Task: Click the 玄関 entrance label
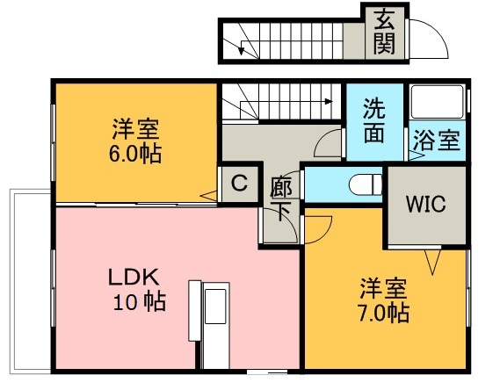point(384,32)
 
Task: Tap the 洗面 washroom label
point(374,121)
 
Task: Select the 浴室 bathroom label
point(436,139)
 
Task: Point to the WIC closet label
point(426,205)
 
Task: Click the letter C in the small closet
point(239,184)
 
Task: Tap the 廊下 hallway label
point(281,199)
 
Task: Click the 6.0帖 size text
point(135,153)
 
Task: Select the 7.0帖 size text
point(382,312)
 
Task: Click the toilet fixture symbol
point(364,184)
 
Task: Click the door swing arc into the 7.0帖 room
point(319,226)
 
